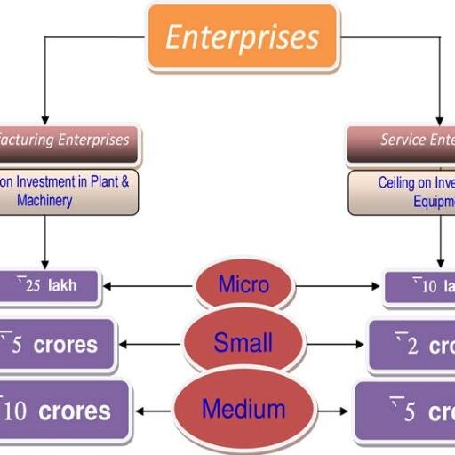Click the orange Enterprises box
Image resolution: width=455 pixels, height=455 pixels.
242,37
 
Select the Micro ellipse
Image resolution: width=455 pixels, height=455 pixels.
243,285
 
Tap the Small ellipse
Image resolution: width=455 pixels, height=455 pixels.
243,341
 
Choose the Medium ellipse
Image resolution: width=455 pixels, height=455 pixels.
243,410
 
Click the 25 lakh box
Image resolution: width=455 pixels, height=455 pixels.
50,286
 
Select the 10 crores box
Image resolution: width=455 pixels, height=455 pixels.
62,411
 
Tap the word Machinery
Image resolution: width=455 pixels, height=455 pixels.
44,201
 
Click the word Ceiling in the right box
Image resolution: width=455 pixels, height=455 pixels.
396,183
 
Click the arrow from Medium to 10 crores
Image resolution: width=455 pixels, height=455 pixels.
158,411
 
